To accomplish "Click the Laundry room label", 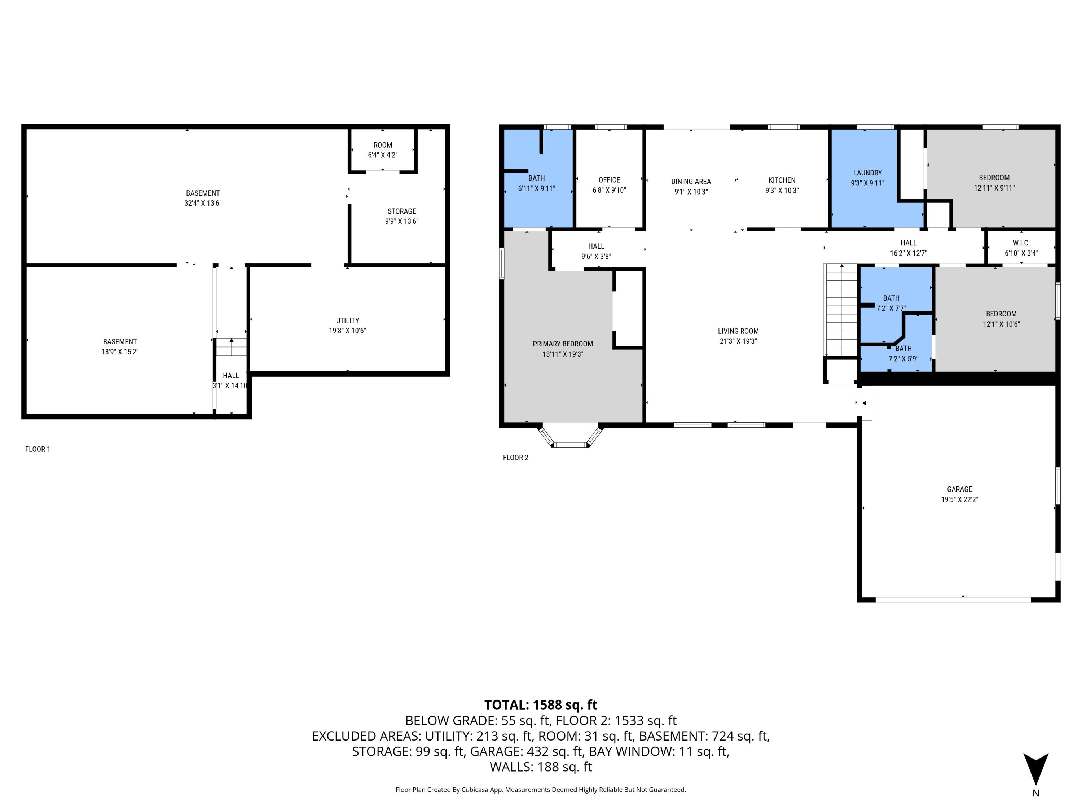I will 867,173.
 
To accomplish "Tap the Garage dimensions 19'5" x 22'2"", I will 959,499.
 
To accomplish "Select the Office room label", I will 609,180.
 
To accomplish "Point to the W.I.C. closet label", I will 1021,243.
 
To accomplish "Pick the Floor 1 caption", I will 38,449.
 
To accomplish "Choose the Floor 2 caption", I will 515,457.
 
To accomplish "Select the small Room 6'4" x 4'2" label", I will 383,145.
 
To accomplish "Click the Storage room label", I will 401,211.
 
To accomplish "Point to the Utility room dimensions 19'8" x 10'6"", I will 347,330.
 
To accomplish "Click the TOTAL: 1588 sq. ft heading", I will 541,704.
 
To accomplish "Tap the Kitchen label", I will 782,180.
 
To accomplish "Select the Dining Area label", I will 691,181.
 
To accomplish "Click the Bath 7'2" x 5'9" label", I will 903,349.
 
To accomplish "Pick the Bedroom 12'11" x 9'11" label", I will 994,178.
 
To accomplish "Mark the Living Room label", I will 738,331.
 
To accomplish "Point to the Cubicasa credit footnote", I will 541,790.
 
